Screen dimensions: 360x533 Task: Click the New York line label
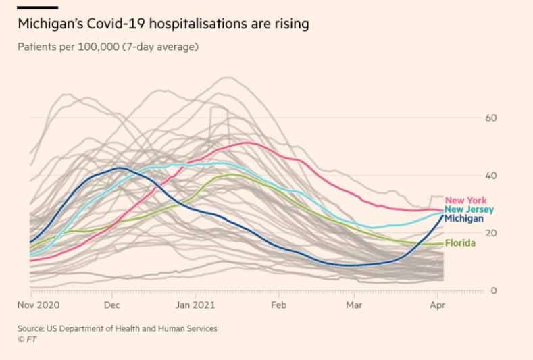pos(465,201)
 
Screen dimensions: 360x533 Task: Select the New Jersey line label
pos(469,209)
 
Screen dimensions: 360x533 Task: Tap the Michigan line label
pos(463,218)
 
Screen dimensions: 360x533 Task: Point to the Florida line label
pos(460,243)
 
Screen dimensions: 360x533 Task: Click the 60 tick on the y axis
pos(492,118)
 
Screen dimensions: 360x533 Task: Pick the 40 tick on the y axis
pos(492,176)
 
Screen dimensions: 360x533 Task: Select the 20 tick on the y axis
pos(492,233)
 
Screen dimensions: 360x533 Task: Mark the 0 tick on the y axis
pos(494,291)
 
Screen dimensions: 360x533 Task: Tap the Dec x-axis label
pos(111,305)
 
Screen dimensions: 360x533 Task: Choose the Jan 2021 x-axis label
pos(195,305)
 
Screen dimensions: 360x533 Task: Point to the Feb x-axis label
pos(278,305)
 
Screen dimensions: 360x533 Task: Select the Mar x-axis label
pos(354,305)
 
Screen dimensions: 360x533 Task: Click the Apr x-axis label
pos(437,305)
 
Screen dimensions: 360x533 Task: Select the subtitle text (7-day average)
pos(160,47)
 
